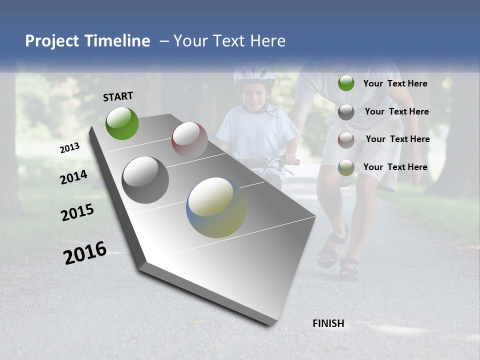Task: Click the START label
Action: (x=118, y=96)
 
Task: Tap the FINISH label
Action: (x=328, y=323)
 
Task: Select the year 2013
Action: (x=69, y=148)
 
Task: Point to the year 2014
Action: (x=73, y=177)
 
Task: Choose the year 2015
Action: (x=77, y=212)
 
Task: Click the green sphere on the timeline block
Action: (x=122, y=123)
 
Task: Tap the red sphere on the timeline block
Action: (x=189, y=139)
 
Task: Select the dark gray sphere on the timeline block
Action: (x=145, y=179)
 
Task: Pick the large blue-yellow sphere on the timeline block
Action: (x=216, y=207)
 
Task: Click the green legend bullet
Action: (x=346, y=83)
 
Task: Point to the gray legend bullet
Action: (x=346, y=112)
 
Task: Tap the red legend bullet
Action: (x=346, y=139)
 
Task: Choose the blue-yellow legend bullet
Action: (x=346, y=167)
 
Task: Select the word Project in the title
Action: (x=52, y=41)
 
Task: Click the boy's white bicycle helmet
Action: (x=254, y=73)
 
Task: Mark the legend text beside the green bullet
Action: (x=395, y=83)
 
